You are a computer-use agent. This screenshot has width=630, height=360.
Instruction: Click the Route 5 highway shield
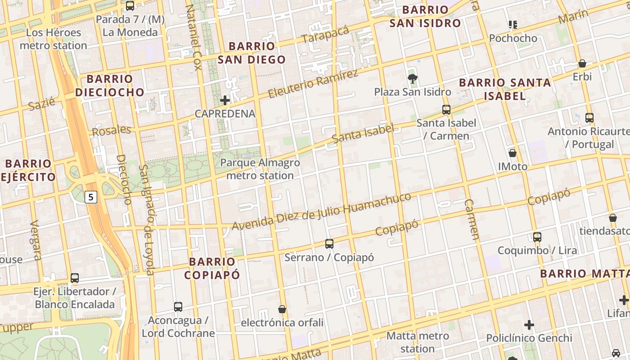point(91,197)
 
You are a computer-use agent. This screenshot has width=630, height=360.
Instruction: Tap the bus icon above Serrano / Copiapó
point(329,244)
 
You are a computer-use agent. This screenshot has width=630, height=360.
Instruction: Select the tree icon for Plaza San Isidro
point(412,79)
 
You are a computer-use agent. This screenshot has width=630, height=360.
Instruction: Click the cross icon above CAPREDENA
point(225,100)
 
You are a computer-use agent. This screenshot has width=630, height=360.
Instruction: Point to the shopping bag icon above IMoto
point(512,153)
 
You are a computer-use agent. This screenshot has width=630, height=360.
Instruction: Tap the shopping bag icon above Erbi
point(582,63)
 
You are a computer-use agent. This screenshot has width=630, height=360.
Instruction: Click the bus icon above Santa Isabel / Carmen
point(446,109)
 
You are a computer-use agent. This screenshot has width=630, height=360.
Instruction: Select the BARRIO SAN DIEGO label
point(252,53)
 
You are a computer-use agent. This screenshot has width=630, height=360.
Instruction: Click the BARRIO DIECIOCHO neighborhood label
point(110,85)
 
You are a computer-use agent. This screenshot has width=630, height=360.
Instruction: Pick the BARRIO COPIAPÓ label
point(214,268)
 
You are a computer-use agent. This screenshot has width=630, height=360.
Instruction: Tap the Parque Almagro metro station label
point(260,169)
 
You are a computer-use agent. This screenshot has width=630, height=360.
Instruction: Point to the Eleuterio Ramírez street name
point(313,84)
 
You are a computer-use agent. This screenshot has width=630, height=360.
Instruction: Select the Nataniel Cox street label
point(193,37)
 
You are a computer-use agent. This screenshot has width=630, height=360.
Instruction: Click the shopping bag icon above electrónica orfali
point(282,309)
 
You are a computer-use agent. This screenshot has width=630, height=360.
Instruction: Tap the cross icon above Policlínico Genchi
point(529,324)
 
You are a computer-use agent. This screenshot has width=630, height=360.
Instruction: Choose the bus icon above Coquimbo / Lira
point(537,237)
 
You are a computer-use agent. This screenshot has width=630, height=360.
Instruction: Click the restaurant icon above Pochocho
point(513,25)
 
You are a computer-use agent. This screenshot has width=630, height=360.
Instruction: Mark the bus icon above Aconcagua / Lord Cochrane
point(178,307)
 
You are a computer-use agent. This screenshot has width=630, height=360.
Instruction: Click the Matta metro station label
point(418,342)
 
